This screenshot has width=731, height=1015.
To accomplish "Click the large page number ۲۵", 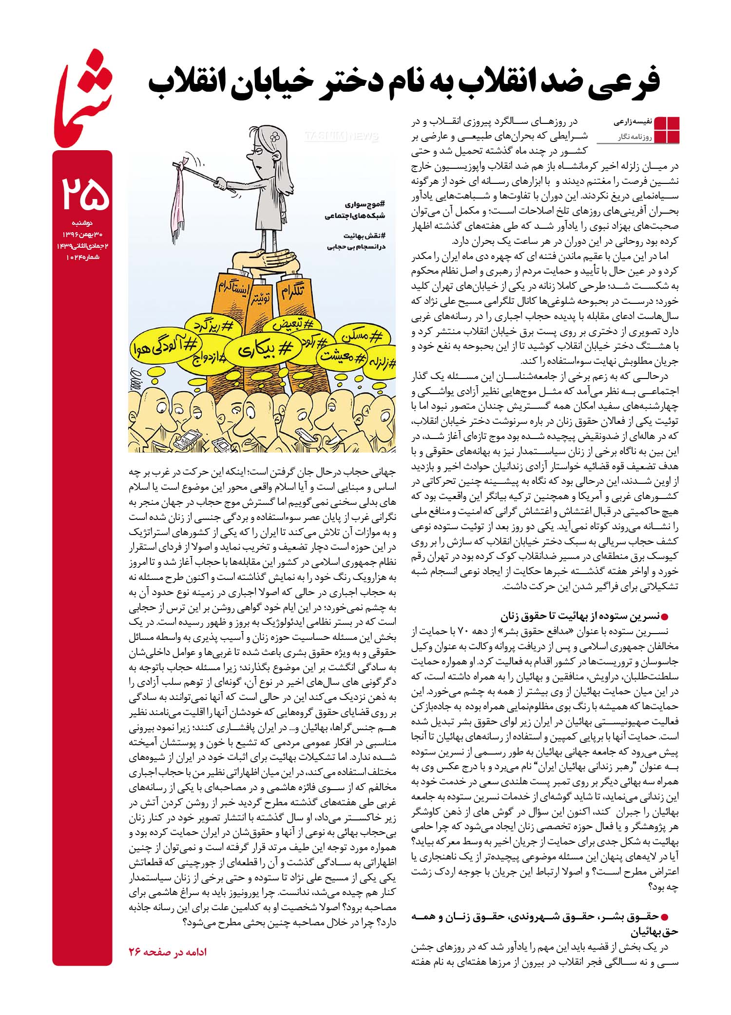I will [82, 194].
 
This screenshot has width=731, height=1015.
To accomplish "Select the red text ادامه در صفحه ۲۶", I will [168, 952].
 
